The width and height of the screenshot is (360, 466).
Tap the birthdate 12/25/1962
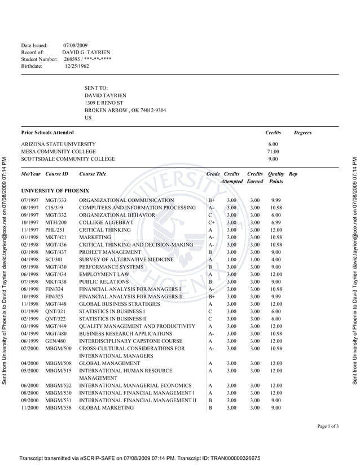(x=77, y=66)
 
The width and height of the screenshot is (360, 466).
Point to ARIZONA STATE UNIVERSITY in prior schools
(x=59, y=144)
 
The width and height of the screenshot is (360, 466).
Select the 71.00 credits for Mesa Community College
(x=273, y=152)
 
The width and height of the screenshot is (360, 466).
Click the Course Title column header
(x=93, y=174)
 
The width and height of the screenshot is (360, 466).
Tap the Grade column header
(x=213, y=174)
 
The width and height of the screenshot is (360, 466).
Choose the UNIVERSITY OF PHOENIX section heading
(x=55, y=191)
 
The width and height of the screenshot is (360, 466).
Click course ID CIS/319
(x=54, y=208)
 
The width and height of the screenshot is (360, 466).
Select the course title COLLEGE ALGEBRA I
(x=106, y=222)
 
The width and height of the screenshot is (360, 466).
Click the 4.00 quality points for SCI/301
(x=275, y=260)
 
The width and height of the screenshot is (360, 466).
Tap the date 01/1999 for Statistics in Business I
(x=30, y=311)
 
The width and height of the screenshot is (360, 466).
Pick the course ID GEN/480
(x=55, y=341)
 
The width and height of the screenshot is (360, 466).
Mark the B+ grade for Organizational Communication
(x=212, y=200)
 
